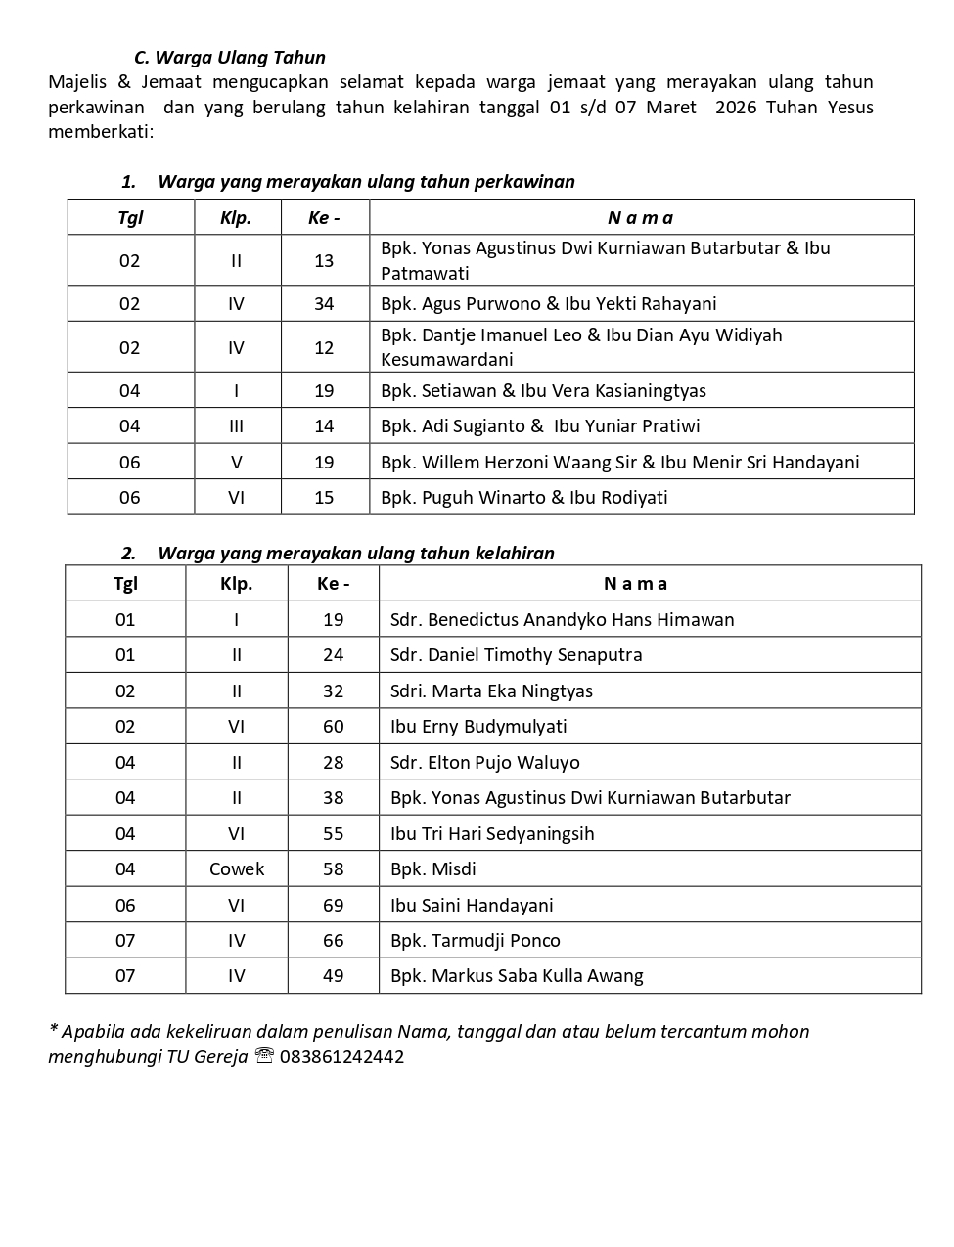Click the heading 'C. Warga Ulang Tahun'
point(229,58)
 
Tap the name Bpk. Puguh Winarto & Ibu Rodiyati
point(523,498)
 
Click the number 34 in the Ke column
point(324,304)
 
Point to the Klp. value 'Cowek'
point(237,869)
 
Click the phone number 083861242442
point(341,1057)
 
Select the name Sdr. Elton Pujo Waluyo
point(484,763)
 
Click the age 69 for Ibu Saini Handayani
point(333,906)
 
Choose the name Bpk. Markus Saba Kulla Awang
point(516,976)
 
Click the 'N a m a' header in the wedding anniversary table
point(640,218)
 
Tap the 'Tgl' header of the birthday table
point(125,584)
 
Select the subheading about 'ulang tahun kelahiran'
point(355,554)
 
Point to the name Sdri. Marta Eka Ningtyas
point(491,691)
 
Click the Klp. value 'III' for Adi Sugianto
point(236,426)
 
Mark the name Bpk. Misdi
point(432,869)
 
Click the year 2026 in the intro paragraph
point(736,108)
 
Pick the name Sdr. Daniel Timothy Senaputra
point(516,655)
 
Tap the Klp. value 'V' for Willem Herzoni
point(236,463)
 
